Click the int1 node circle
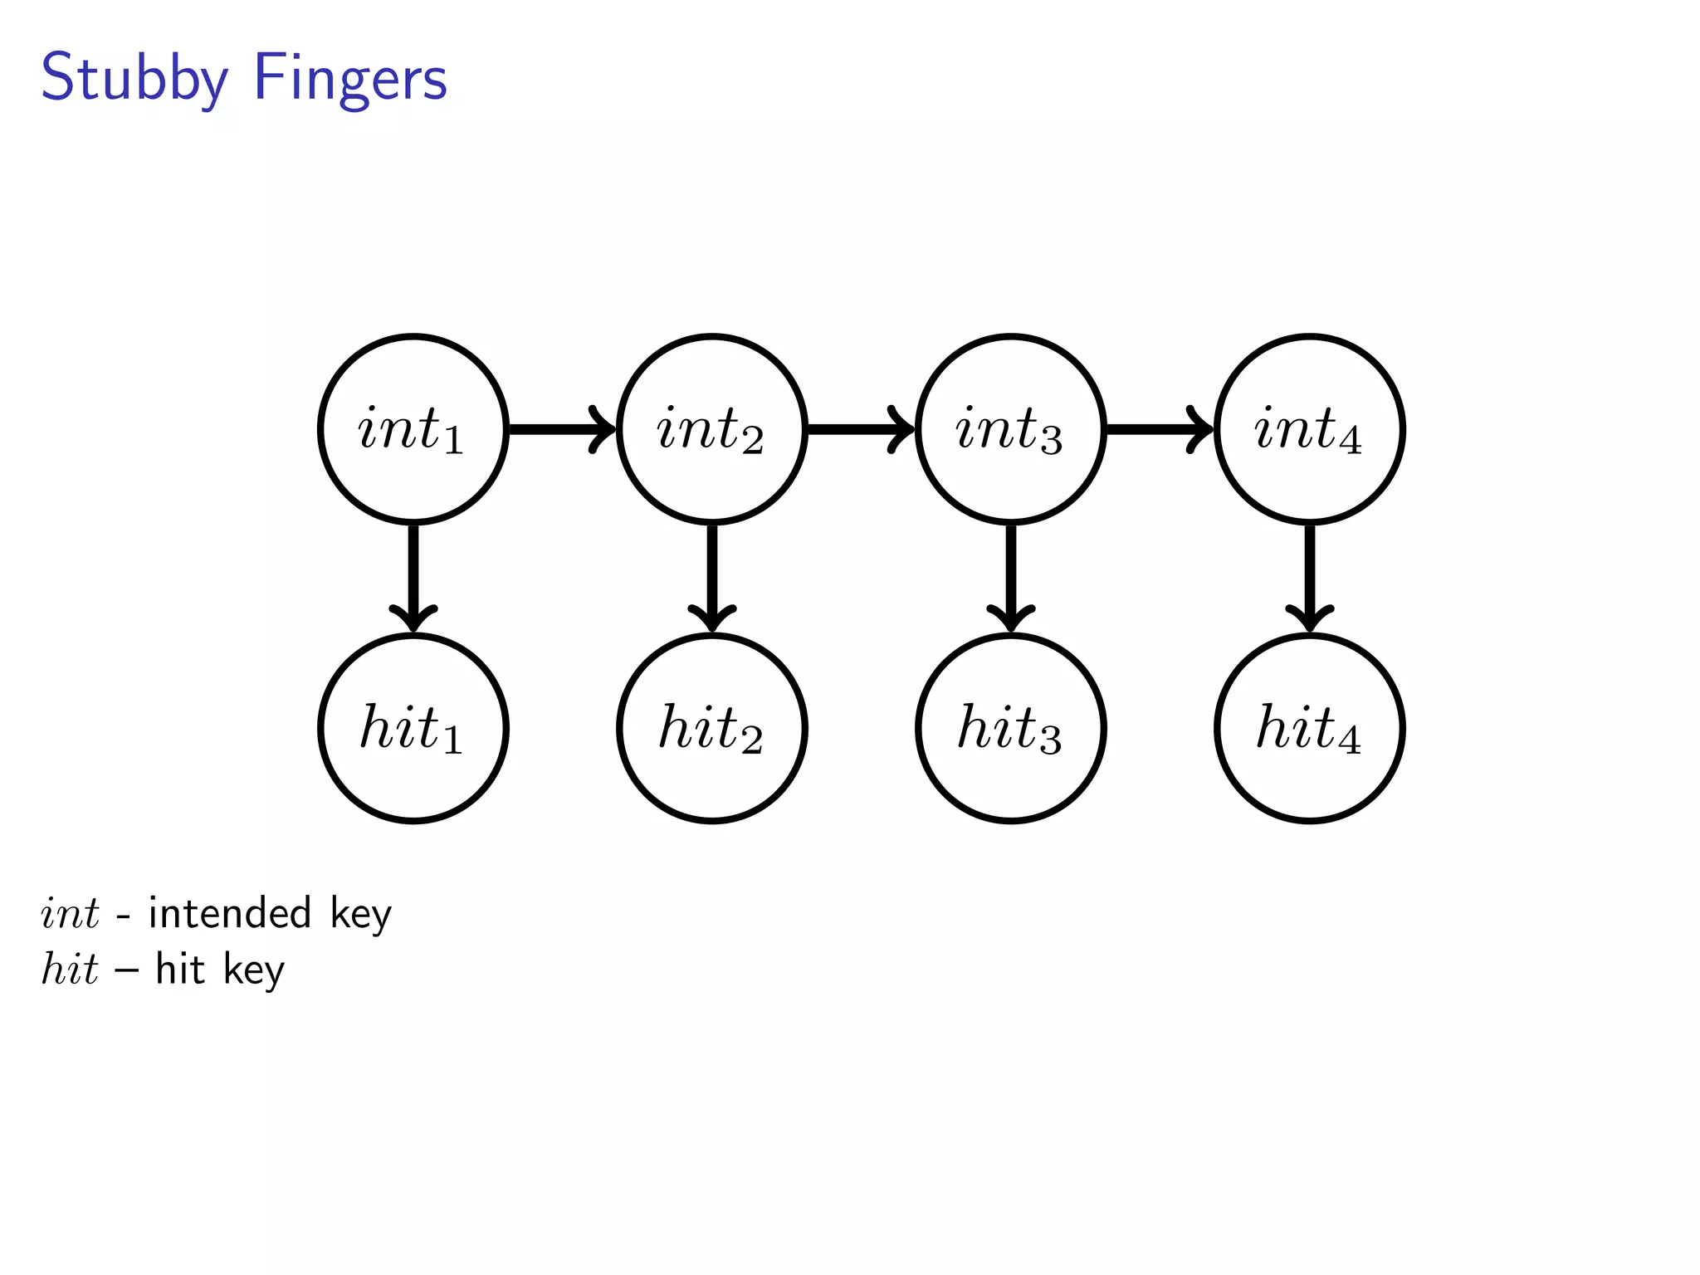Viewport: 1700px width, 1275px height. click(413, 429)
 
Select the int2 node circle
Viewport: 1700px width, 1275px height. click(712, 429)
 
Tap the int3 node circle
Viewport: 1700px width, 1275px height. click(1011, 429)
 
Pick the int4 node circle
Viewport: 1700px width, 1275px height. click(1310, 429)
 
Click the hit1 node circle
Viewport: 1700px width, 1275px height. click(413, 728)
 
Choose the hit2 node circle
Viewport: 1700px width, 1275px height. click(712, 728)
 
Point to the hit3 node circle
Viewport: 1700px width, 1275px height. click(1011, 728)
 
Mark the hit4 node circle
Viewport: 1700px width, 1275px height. click(1310, 728)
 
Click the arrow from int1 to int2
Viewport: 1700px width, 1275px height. click(561, 429)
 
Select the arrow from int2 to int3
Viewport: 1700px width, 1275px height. click(860, 429)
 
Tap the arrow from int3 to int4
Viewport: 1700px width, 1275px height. click(1159, 429)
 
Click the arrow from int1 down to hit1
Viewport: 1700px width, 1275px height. click(413, 578)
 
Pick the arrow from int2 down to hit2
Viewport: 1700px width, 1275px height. click(712, 578)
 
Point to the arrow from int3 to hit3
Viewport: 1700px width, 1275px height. click(1011, 578)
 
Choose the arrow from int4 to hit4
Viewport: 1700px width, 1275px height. click(1310, 578)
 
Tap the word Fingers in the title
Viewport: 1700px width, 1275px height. click(350, 79)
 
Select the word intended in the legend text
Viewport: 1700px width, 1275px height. click(230, 913)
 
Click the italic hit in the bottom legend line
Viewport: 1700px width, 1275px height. click(70, 969)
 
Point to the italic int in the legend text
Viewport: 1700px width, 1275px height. click(70, 913)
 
